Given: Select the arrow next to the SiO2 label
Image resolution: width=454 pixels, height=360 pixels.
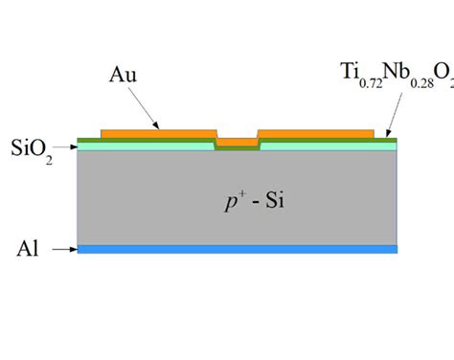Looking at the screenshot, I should [62, 146].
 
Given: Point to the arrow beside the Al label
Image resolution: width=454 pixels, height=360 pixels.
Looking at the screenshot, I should [62, 250].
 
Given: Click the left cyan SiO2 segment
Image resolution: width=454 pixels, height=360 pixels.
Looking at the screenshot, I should [144, 147].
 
